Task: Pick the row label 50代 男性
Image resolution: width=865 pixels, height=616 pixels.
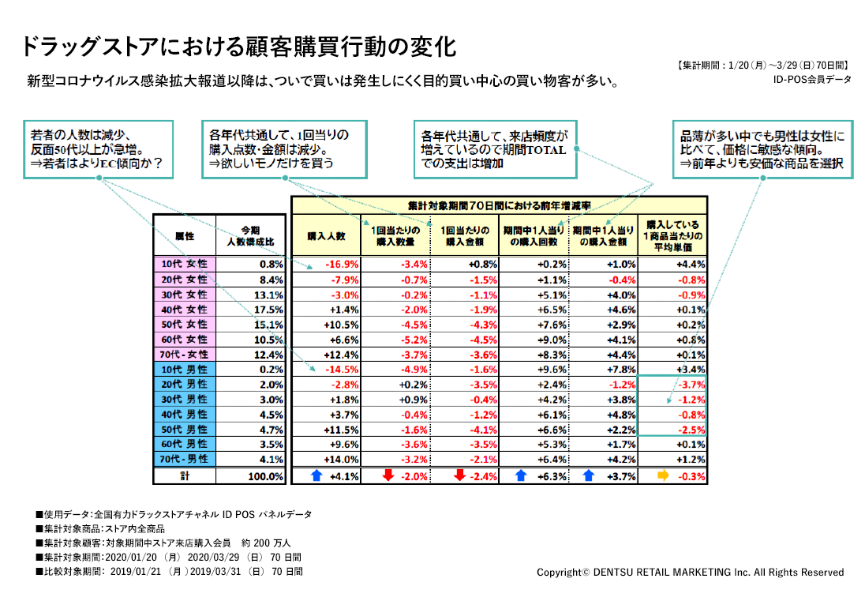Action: [x=184, y=429]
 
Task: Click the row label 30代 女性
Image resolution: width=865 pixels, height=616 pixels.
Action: [x=184, y=294]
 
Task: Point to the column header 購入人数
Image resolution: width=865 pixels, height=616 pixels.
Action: [x=326, y=235]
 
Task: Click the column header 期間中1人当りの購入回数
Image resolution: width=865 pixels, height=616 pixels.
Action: [x=534, y=235]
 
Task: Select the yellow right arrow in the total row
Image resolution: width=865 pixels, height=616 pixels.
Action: [x=663, y=476]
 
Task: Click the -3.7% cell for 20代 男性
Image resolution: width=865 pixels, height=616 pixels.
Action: [x=691, y=384]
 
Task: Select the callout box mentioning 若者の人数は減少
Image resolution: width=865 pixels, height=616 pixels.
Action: [x=100, y=148]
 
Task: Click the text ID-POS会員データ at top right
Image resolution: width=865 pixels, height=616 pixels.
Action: [x=813, y=79]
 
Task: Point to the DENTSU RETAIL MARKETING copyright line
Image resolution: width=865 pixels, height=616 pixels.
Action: [x=690, y=572]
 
